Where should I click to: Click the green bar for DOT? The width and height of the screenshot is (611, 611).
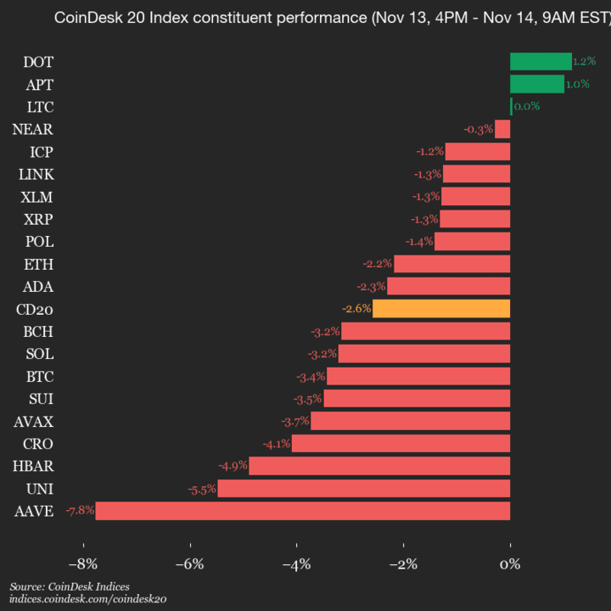[x=541, y=61]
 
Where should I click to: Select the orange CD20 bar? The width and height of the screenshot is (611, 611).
[x=441, y=308]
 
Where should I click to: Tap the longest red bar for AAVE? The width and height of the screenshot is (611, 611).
[x=302, y=511]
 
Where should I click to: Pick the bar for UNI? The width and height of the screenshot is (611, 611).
[x=364, y=488]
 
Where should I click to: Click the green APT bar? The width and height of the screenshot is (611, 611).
[x=537, y=83]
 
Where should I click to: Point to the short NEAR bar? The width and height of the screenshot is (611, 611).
[x=502, y=129]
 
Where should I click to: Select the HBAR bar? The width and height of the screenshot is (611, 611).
[x=379, y=466]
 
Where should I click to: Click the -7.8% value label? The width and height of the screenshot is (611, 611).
[x=80, y=511]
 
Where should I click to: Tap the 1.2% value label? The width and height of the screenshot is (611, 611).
[x=584, y=61]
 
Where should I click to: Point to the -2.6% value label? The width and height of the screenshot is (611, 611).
[x=356, y=308]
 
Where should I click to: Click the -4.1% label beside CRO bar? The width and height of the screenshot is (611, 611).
[x=277, y=443]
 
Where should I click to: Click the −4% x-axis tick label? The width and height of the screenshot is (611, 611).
[x=296, y=564]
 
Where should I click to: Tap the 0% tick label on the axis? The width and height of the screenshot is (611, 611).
[x=510, y=564]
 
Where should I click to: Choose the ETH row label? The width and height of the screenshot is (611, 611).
[x=38, y=264]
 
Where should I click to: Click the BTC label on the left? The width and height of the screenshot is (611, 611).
[x=38, y=376]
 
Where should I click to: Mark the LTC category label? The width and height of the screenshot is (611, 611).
[x=39, y=106]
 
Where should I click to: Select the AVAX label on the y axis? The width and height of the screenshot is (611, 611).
[x=33, y=421]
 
